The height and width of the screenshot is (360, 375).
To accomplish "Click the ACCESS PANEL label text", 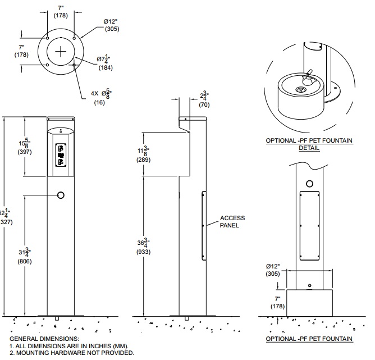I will [x=232, y=221].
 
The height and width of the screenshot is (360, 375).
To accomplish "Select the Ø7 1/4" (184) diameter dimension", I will [x=105, y=63].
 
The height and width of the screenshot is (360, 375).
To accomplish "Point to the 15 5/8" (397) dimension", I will [x=25, y=148].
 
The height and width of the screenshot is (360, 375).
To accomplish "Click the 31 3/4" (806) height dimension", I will [x=25, y=257].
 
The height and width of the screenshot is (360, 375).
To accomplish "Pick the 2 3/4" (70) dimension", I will [x=204, y=99].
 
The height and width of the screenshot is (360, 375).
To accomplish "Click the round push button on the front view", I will [x=61, y=194].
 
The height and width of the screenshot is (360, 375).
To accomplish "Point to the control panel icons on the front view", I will [x=61, y=155].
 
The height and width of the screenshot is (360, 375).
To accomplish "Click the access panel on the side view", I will [x=203, y=226].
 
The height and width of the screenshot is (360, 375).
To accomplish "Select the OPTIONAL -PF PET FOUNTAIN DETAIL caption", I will [x=309, y=144].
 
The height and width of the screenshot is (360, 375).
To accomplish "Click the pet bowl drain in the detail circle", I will [x=301, y=88].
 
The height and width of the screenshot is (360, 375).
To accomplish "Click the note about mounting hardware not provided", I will [x=72, y=353].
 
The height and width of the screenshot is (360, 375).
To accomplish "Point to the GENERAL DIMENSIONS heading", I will [x=44, y=339].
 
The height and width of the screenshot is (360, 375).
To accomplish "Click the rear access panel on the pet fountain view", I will [x=309, y=226].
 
